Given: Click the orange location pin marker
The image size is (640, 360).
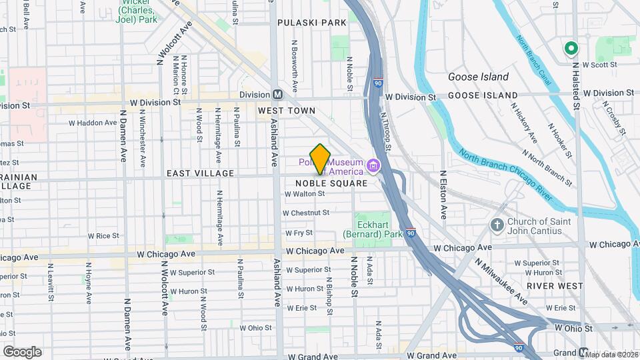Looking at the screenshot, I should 321,159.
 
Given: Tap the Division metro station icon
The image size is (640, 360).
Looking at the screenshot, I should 277,95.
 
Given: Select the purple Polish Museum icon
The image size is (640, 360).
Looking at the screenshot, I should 373,165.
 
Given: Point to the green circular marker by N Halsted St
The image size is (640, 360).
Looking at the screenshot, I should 571,48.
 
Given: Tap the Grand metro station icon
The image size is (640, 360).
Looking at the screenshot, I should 583,353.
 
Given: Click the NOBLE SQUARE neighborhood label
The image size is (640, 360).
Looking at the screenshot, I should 331,183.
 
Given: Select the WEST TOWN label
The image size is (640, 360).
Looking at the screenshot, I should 287,110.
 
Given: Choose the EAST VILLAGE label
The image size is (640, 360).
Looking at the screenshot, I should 200,173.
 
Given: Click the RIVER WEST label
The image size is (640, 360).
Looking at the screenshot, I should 555,286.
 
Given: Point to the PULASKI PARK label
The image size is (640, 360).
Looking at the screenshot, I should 312,22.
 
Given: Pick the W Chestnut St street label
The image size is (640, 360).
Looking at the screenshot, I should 306,213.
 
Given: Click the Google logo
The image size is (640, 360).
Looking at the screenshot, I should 22,352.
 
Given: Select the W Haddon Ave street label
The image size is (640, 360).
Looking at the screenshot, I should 93,123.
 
